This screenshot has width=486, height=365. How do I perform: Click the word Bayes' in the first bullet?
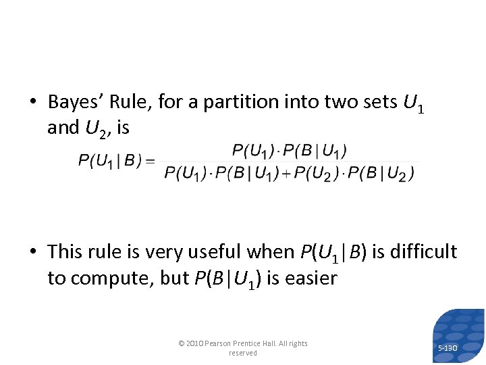(74, 102)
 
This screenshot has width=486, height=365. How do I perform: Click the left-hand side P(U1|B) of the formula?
(109, 161)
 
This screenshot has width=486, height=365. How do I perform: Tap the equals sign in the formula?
(150, 161)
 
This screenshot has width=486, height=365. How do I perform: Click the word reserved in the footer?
(243, 353)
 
